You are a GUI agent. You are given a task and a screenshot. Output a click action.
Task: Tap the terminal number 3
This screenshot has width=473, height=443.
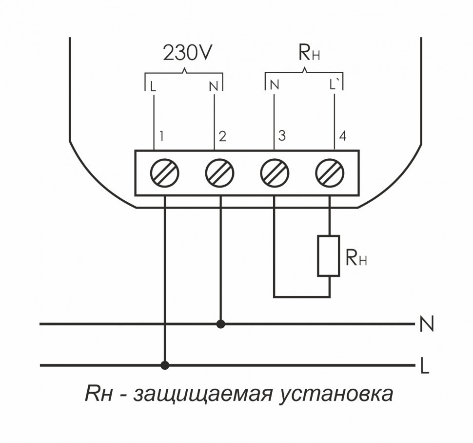pyautogui.click(x=282, y=136)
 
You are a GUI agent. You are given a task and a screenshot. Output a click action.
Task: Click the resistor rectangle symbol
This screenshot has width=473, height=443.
pyautogui.click(x=329, y=256)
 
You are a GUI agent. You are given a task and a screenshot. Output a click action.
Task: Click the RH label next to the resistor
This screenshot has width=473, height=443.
pyautogui.click(x=356, y=257)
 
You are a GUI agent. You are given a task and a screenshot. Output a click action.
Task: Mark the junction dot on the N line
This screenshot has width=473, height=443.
pyautogui.click(x=221, y=323)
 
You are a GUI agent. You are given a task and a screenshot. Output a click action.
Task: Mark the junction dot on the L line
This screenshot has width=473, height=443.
pyautogui.click(x=165, y=365)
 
